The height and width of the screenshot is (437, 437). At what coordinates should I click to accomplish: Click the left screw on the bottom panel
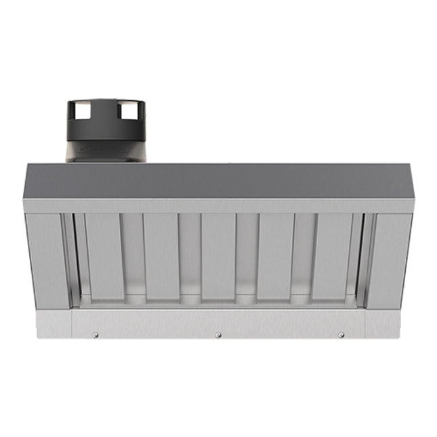pos(96,334)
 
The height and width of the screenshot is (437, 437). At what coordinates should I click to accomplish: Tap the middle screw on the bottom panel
pos(218,335)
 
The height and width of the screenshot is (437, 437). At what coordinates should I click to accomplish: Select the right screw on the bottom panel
pos(341,335)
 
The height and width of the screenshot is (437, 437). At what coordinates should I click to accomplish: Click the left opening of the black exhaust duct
pos(79,108)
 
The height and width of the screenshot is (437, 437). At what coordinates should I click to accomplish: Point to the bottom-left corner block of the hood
pos(54,324)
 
